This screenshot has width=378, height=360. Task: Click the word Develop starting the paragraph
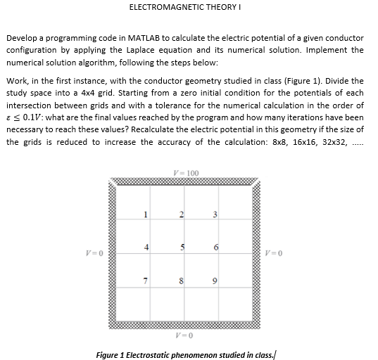(22, 37)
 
